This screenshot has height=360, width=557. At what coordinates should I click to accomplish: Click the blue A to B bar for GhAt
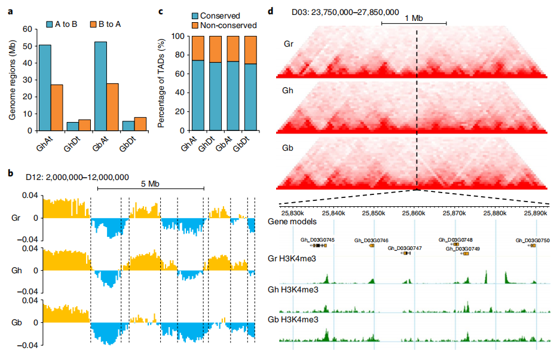pos(44,87)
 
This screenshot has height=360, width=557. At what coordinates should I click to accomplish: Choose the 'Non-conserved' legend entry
pos(228,25)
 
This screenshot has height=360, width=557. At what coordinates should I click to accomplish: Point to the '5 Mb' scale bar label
pos(149,184)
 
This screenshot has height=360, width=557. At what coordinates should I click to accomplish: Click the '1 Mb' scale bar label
pos(414,19)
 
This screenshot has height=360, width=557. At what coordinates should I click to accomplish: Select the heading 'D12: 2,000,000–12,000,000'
pos(77,177)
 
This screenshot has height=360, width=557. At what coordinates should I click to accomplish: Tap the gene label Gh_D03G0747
pos(405,248)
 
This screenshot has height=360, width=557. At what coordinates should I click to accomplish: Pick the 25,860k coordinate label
pos(415,212)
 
